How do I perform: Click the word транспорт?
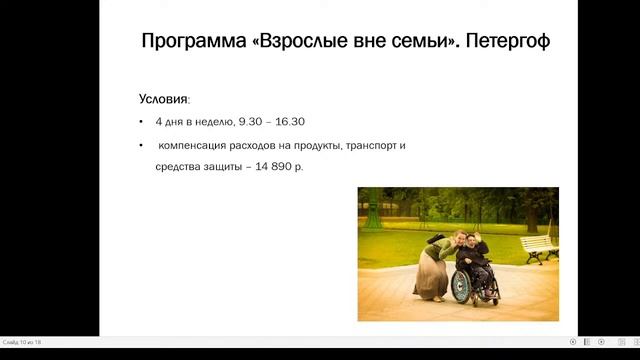369,145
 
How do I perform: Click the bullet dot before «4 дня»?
141,122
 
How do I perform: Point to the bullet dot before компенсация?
141,145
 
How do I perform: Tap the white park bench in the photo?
539,246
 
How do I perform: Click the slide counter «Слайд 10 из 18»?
21,342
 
